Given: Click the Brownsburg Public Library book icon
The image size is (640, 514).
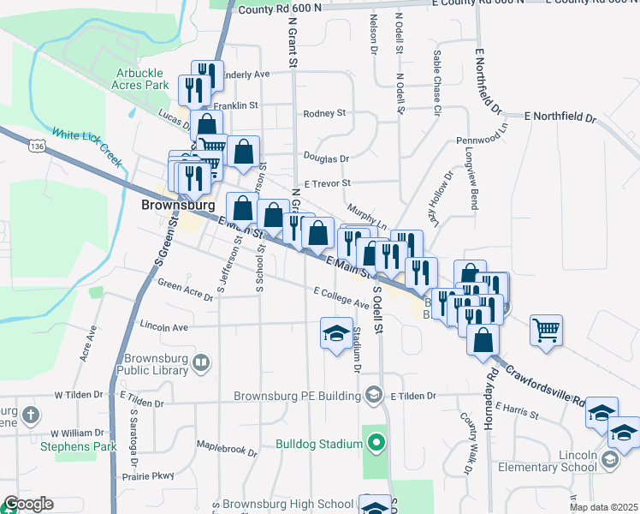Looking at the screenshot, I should click(x=200, y=364).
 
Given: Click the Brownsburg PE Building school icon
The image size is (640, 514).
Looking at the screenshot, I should click(x=373, y=395).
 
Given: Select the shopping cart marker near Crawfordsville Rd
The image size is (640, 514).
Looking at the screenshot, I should click(x=546, y=329).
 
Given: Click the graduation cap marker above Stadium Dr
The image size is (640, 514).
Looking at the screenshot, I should click(x=336, y=333).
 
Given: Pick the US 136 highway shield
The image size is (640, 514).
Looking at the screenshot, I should click(x=36, y=147).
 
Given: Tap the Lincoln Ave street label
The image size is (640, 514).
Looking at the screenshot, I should click(x=163, y=327).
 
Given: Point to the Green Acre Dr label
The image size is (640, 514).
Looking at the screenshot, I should click(x=185, y=291).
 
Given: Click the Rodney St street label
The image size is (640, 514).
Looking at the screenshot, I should click(x=324, y=113).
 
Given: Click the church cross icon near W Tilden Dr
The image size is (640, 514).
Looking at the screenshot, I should click(x=31, y=416).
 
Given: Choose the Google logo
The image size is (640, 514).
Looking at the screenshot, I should click(x=27, y=504).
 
